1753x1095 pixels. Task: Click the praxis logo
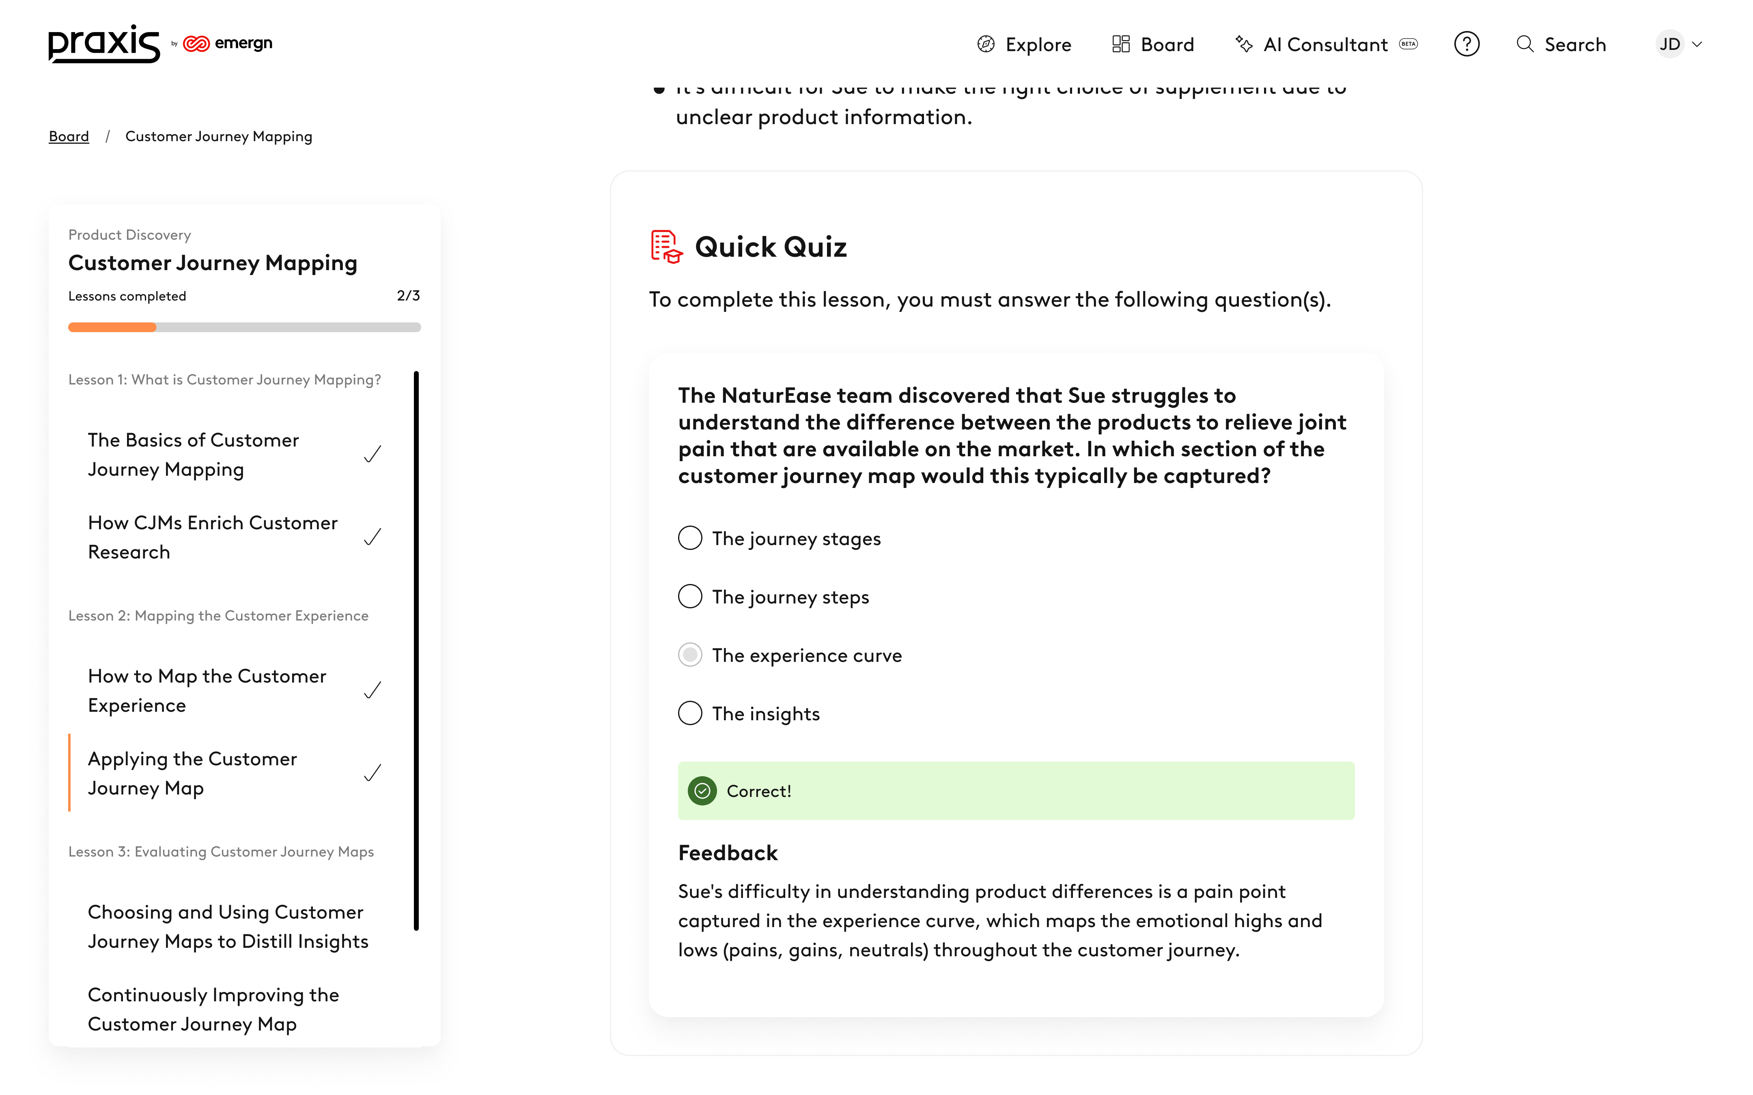[x=103, y=44]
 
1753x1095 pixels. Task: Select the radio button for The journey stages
[x=689, y=538]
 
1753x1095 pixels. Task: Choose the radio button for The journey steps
[x=689, y=597]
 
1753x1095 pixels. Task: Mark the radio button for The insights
[x=689, y=713]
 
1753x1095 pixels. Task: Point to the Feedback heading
[x=727, y=853]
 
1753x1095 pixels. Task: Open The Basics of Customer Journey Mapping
[x=194, y=455]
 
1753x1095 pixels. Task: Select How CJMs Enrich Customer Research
[x=212, y=537]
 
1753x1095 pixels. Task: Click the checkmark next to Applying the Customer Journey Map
[x=373, y=773]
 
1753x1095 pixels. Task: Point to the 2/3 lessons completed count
[x=408, y=296]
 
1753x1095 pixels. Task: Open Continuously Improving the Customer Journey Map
[x=213, y=1009]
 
